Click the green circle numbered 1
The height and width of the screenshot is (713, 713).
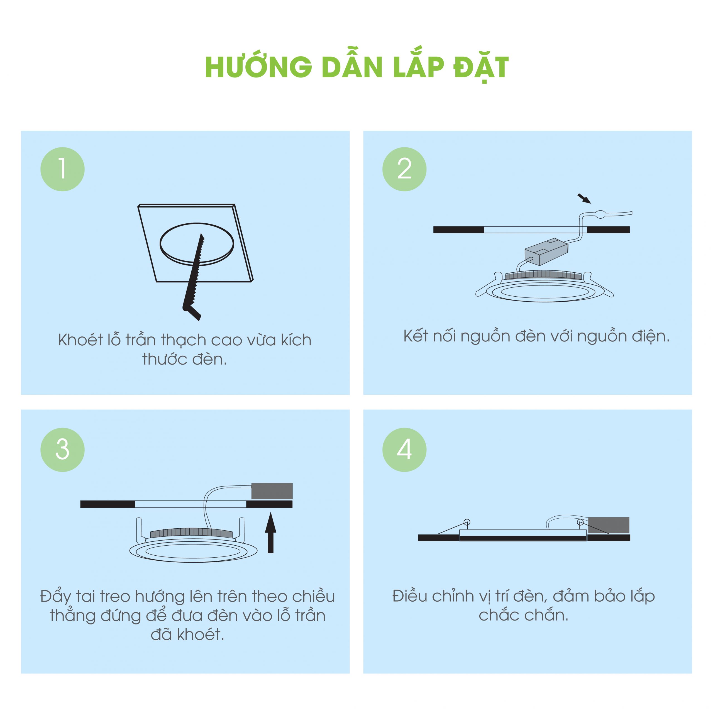click(62, 169)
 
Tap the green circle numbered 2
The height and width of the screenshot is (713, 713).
click(404, 169)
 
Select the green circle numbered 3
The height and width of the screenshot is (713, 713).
click(62, 450)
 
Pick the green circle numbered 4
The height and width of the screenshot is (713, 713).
click(404, 450)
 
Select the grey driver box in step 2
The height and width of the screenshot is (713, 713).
click(546, 252)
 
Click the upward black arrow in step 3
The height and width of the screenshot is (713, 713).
click(270, 532)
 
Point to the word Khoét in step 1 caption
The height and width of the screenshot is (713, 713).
click(81, 340)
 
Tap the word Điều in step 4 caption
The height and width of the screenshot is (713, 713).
click(409, 596)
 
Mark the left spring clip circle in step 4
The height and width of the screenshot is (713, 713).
click(467, 522)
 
